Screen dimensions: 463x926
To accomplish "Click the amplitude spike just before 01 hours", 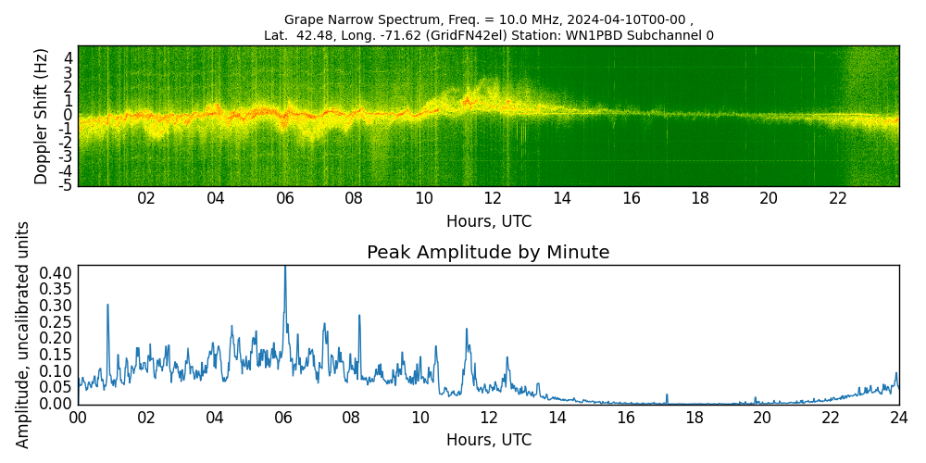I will pos(107,306).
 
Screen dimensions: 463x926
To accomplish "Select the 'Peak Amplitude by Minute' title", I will pos(488,253).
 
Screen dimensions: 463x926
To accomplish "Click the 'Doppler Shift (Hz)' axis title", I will pos(41,116).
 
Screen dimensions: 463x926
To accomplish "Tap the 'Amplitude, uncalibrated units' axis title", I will pos(23,334).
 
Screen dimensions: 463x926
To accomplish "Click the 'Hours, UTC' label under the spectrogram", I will pos(488,222).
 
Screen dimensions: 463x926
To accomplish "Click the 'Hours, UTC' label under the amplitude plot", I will pos(488,440).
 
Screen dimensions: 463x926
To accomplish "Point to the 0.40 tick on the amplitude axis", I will pos(56,273).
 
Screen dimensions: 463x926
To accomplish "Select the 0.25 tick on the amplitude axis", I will pos(56,322).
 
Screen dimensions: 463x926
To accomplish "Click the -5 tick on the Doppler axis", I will pos(67,186).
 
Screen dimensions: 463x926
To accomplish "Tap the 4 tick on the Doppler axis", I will pos(69,57).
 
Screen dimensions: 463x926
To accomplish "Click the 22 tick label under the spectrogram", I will pos(838,198).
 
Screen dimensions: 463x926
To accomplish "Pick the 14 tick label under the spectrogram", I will pos(562,198).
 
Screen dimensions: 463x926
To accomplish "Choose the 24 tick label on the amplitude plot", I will pos(898,418).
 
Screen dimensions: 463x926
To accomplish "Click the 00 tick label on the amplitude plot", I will pos(78,418).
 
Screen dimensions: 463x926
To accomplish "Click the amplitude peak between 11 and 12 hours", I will pos(467,330).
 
